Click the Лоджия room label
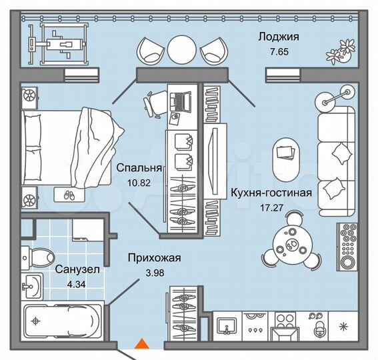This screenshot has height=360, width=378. pyautogui.click(x=278, y=37)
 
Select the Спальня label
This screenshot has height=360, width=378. pyautogui.click(x=139, y=168)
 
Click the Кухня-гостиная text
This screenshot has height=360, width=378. pyautogui.click(x=271, y=193)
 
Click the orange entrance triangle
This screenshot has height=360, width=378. pyautogui.click(x=141, y=345)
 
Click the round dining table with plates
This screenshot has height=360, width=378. pyautogui.click(x=291, y=245)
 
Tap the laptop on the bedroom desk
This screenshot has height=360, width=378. pyautogui.click(x=179, y=101)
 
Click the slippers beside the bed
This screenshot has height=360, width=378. pyautogui.click(x=67, y=194)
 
